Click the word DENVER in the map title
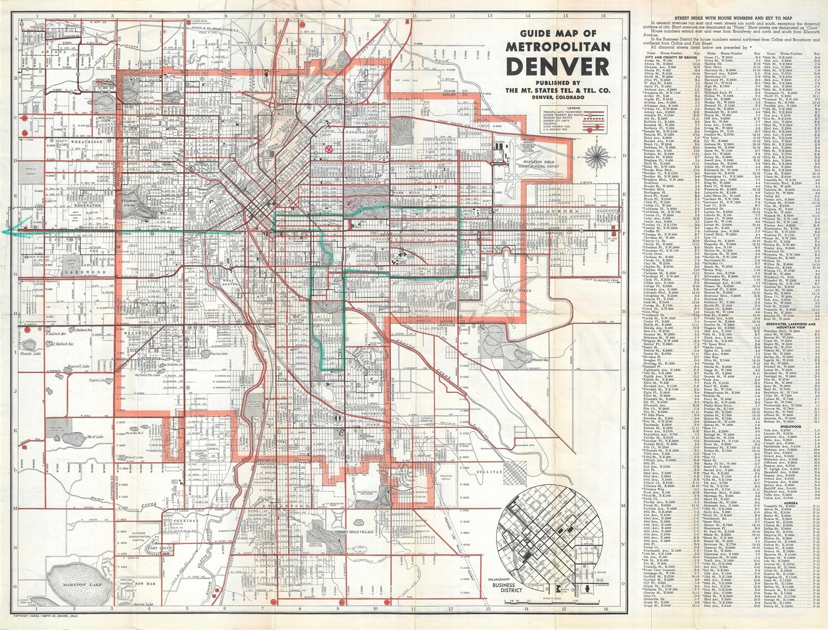(558, 67)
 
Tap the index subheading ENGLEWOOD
(790, 426)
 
